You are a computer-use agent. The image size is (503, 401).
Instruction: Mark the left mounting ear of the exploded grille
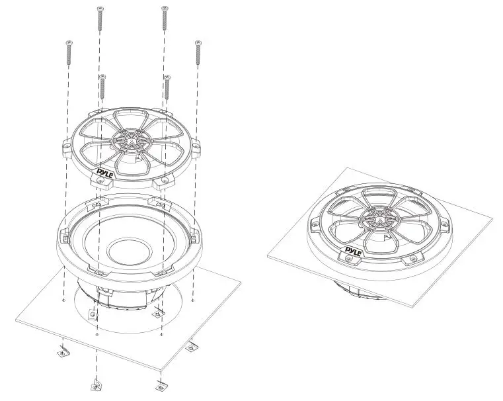coord(68,144)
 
